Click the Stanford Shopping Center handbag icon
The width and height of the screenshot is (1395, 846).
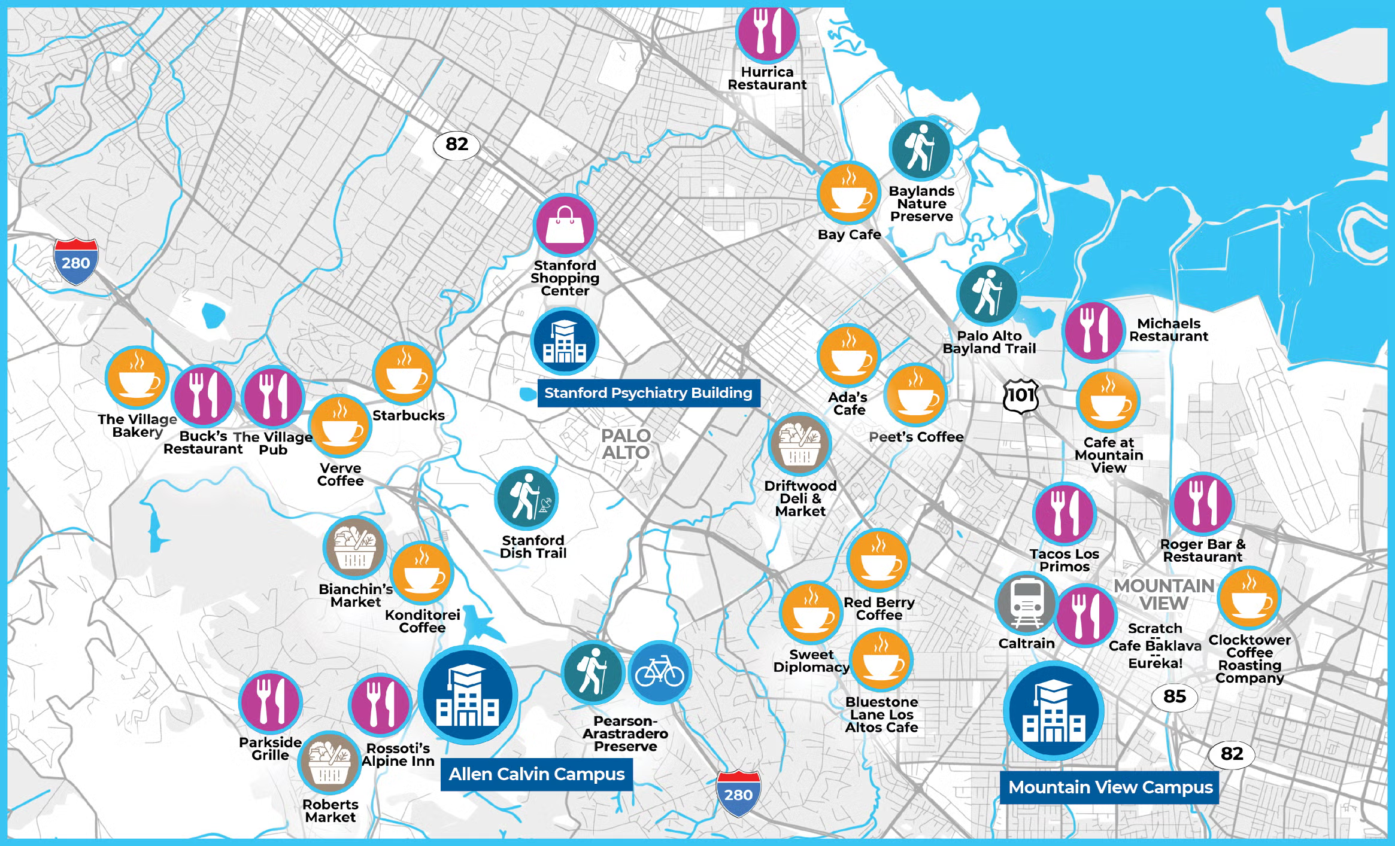pos(565,225)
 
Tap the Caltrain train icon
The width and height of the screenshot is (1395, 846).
pos(1027,603)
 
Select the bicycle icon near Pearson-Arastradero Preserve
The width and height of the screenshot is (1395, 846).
pos(660,672)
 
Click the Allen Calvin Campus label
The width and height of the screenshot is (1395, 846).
pos(536,774)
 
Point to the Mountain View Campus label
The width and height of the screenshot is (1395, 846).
pos(1110,787)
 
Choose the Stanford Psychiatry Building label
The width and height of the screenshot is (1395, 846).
pos(648,393)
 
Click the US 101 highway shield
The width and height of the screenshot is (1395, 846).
pos(1021,395)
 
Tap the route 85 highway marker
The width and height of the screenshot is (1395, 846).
pos(1175,696)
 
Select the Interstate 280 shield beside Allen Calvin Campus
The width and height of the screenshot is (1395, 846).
pos(738,793)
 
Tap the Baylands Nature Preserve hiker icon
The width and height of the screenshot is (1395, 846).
pos(921,148)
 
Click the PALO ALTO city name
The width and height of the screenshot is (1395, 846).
pos(626,444)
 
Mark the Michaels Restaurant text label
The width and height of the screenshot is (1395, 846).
pos(1169,330)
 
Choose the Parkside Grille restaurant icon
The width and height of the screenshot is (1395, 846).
pos(270,702)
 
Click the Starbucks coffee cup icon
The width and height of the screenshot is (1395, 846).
pos(404,374)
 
